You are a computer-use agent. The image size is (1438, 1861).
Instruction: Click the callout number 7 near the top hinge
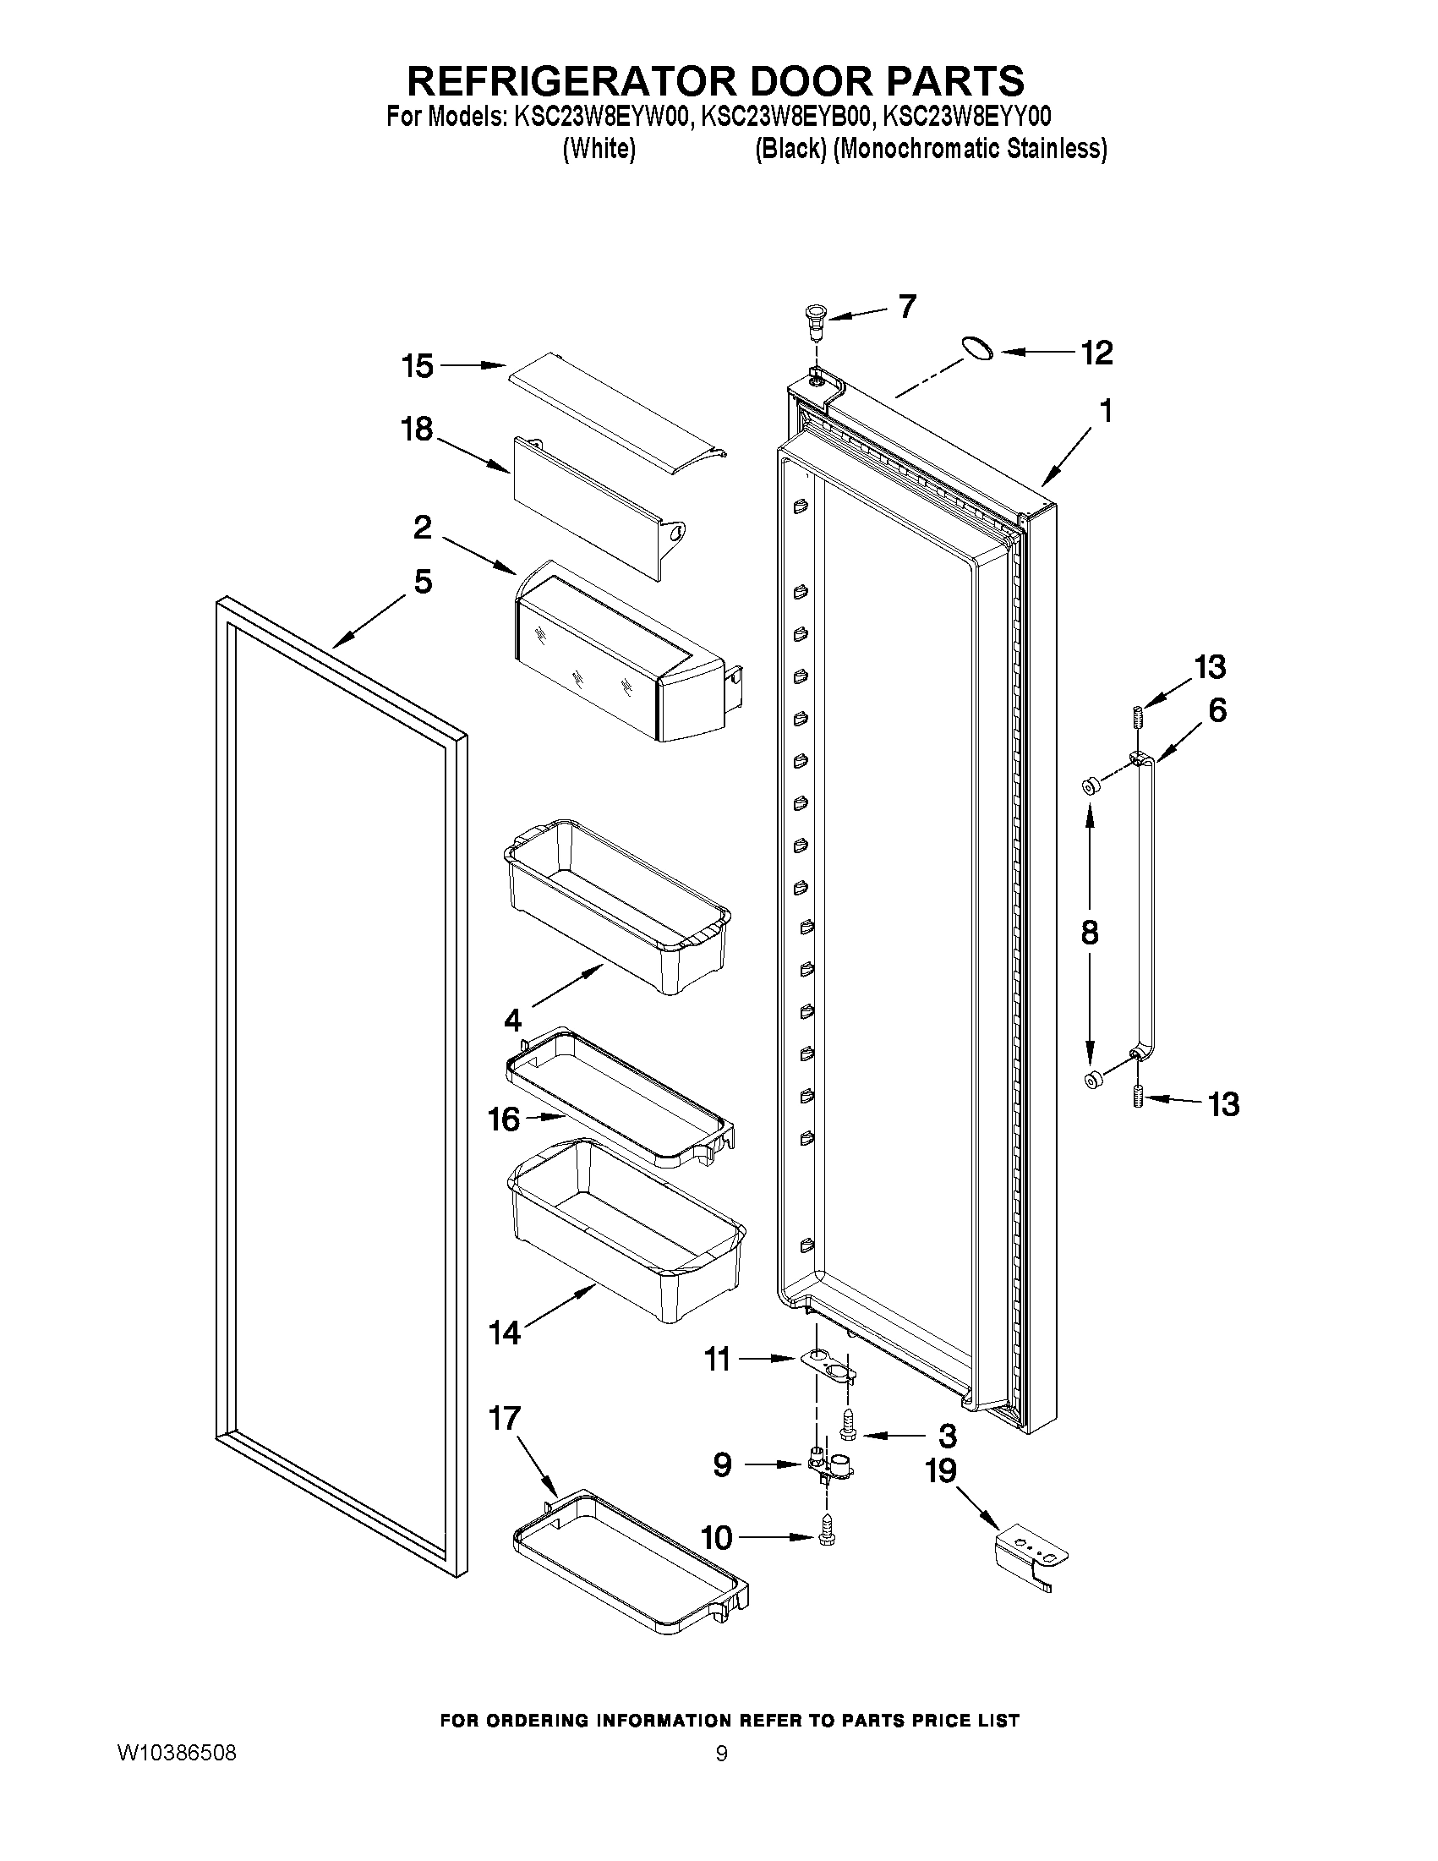click(x=907, y=306)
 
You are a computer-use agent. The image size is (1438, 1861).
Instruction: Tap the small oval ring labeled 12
click(x=977, y=348)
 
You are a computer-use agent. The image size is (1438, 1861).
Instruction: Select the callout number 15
click(x=418, y=366)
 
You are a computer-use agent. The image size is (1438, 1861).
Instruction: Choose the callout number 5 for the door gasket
click(x=423, y=582)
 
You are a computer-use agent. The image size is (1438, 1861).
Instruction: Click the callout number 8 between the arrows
click(x=1089, y=933)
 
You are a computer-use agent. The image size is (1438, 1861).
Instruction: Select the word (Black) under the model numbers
click(x=790, y=149)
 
